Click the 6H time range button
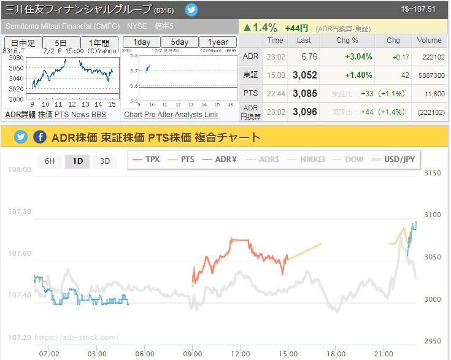50,161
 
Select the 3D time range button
105,161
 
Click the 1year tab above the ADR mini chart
218,42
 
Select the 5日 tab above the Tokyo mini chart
61,43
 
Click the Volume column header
429,40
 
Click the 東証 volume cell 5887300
428,75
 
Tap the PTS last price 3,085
305,94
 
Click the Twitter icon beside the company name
192,10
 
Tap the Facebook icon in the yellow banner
40,137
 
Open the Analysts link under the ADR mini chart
188,115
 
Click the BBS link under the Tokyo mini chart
99,115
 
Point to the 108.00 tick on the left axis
18,169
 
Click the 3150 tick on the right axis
433,174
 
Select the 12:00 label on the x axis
241,353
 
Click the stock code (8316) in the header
164,10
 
